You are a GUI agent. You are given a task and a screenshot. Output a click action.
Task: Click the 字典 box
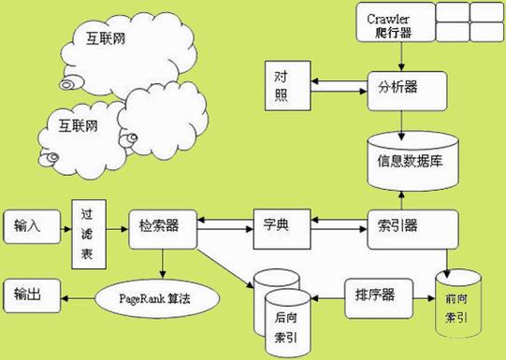[x=281, y=227]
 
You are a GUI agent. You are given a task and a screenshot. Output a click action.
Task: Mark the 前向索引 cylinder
[x=457, y=309]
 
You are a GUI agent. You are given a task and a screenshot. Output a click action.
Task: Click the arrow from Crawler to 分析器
[x=401, y=56]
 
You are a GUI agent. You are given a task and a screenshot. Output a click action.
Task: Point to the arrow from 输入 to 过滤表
[x=62, y=226]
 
